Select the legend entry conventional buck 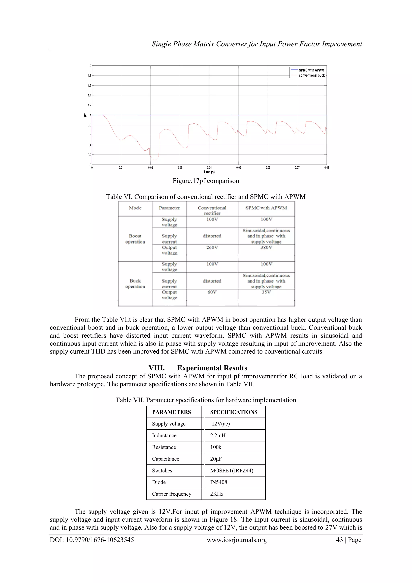pos(312,75)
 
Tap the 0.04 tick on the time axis pos(209,168)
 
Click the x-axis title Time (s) pos(209,172)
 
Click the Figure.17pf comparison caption pos(206,181)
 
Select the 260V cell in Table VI pos(212,247)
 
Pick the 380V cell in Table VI pos(266,247)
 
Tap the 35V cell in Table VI pos(266,292)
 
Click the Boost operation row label pos(135,239)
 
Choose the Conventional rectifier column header pos(212,210)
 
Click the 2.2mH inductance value pos(218,435)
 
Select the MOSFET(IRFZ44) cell pos(232,470)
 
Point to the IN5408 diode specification pos(218,482)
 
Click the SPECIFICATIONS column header pos(234,412)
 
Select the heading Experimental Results pos(212,368)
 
